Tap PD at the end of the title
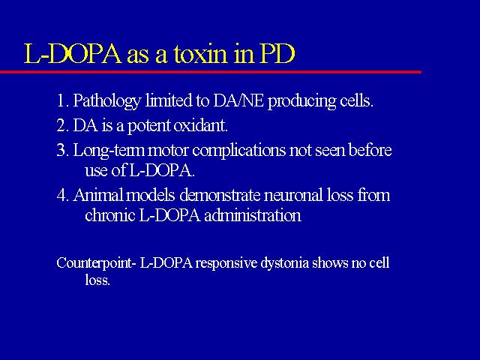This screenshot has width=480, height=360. click(278, 54)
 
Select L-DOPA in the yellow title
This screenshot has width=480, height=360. click(73, 54)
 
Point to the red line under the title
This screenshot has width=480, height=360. click(211, 72)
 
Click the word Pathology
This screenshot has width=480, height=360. click(107, 100)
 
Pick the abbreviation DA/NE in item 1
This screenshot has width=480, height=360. click(238, 100)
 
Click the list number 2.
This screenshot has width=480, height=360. click(61, 125)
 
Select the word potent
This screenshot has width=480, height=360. click(148, 126)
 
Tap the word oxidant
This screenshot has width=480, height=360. click(201, 125)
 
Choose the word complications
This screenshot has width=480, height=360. click(238, 151)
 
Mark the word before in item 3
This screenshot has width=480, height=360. click(370, 150)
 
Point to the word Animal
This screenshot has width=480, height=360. click(98, 195)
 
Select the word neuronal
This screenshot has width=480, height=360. click(293, 195)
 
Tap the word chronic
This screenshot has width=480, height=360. click(110, 215)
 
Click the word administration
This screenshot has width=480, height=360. click(253, 215)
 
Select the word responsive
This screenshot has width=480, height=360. click(226, 264)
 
